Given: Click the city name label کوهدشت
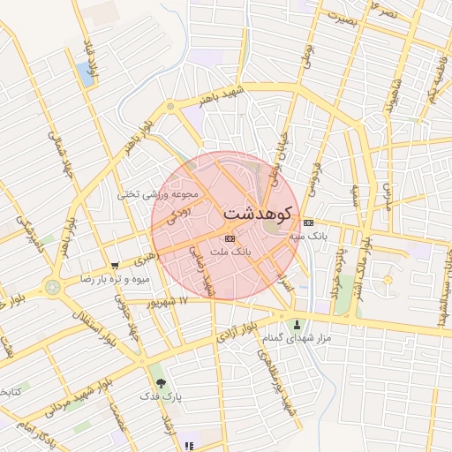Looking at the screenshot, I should tap(260, 213).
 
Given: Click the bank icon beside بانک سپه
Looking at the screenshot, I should tap(307, 222).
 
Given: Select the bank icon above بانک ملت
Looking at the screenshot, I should tap(230, 237).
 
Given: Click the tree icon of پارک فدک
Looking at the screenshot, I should tap(161, 383).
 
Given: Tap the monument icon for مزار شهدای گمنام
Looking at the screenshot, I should tap(297, 324).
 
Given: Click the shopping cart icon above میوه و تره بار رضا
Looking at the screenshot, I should tap(115, 265).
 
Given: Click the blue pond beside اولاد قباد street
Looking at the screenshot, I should tap(86, 74).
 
